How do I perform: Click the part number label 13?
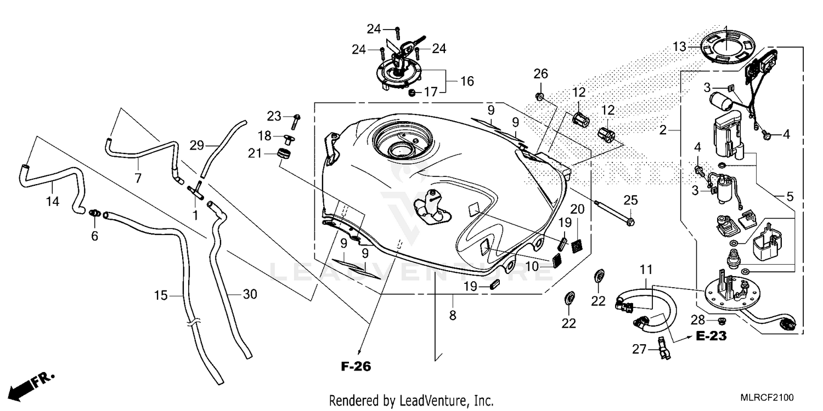click(680, 47)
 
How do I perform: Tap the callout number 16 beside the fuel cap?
click(467, 82)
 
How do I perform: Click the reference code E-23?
click(711, 336)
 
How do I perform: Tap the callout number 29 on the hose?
click(196, 145)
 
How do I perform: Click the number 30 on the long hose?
click(249, 294)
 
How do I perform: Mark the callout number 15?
click(160, 295)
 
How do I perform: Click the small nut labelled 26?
click(540, 97)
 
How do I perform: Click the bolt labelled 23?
click(297, 117)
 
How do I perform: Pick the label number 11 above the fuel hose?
click(646, 269)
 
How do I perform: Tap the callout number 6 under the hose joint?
click(94, 236)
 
